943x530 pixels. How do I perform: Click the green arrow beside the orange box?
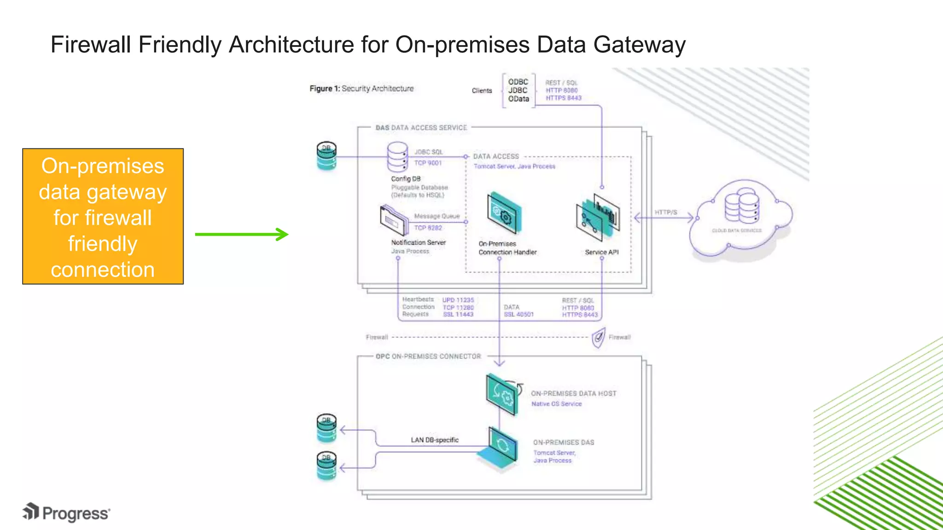[x=242, y=234]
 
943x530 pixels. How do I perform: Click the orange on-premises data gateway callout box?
[x=103, y=216]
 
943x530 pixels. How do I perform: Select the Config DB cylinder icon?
[x=397, y=157]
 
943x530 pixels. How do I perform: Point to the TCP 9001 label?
[x=428, y=163]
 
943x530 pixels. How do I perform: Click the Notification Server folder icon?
[x=394, y=221]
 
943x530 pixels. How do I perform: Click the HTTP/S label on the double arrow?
[x=666, y=212]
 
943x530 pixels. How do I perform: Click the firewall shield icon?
[x=598, y=338]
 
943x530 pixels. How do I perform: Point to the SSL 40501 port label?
[x=518, y=315]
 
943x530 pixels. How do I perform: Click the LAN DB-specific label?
[x=435, y=440]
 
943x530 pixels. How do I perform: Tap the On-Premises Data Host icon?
[x=503, y=395]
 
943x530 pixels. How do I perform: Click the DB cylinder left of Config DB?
[x=326, y=156]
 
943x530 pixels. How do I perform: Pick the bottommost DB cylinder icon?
[x=326, y=466]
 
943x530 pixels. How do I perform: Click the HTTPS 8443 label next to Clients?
[x=564, y=98]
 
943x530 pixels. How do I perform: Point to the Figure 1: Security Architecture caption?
[x=361, y=88]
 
